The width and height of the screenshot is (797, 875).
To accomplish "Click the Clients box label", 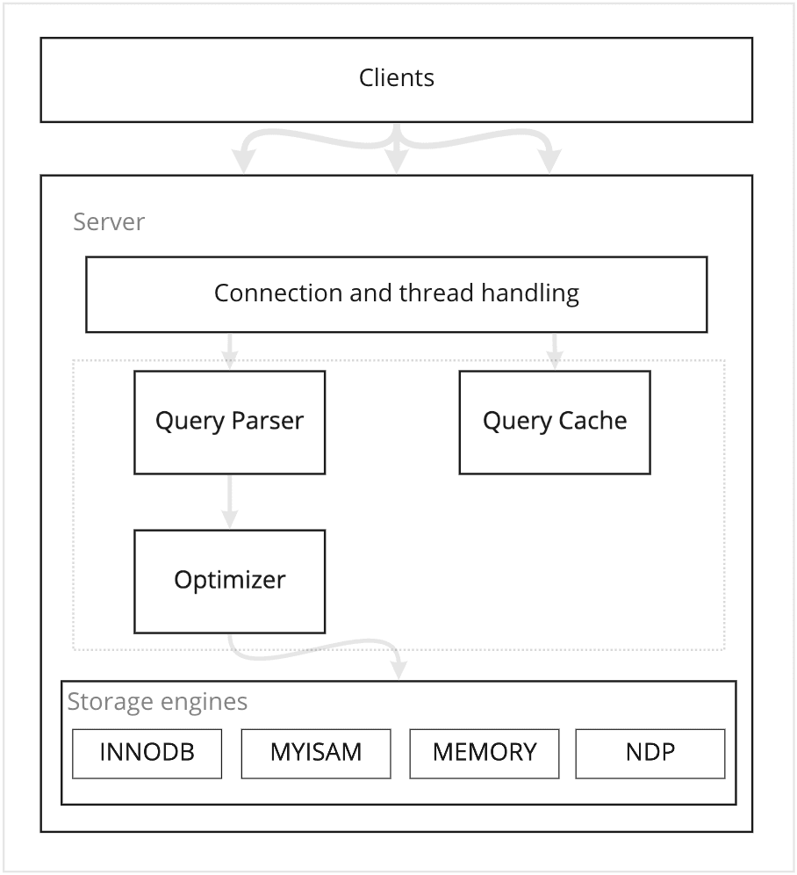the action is (397, 77).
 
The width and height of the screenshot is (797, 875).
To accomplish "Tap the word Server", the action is (109, 221).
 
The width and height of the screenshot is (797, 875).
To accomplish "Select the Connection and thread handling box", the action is (397, 294).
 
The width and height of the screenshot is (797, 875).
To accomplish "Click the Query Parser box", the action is (230, 423).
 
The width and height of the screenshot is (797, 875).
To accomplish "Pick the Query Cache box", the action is (555, 423).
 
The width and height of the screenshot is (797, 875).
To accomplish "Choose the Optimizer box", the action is (230, 582).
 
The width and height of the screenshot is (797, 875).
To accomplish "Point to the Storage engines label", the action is (157, 702).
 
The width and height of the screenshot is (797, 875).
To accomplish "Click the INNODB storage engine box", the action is (147, 754).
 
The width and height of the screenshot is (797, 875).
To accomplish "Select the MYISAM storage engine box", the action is (316, 754).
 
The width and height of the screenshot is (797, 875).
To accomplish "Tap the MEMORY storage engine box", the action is (485, 754).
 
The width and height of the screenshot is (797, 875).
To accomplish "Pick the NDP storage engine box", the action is (650, 754).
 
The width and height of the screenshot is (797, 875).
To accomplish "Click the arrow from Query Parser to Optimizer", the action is (230, 502).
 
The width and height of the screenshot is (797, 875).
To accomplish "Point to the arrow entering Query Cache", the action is (555, 351).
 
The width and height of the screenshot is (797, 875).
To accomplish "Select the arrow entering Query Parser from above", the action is (230, 351).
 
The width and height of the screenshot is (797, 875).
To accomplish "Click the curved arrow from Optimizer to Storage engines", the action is (312, 651).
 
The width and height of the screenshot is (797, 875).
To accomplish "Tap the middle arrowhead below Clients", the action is (397, 161).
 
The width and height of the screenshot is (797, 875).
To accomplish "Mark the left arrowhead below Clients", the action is (243, 161).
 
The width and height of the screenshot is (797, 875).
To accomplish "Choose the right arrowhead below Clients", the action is (550, 161).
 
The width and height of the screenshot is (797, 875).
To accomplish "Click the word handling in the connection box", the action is (530, 293).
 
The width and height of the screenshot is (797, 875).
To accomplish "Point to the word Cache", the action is (592, 420).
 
